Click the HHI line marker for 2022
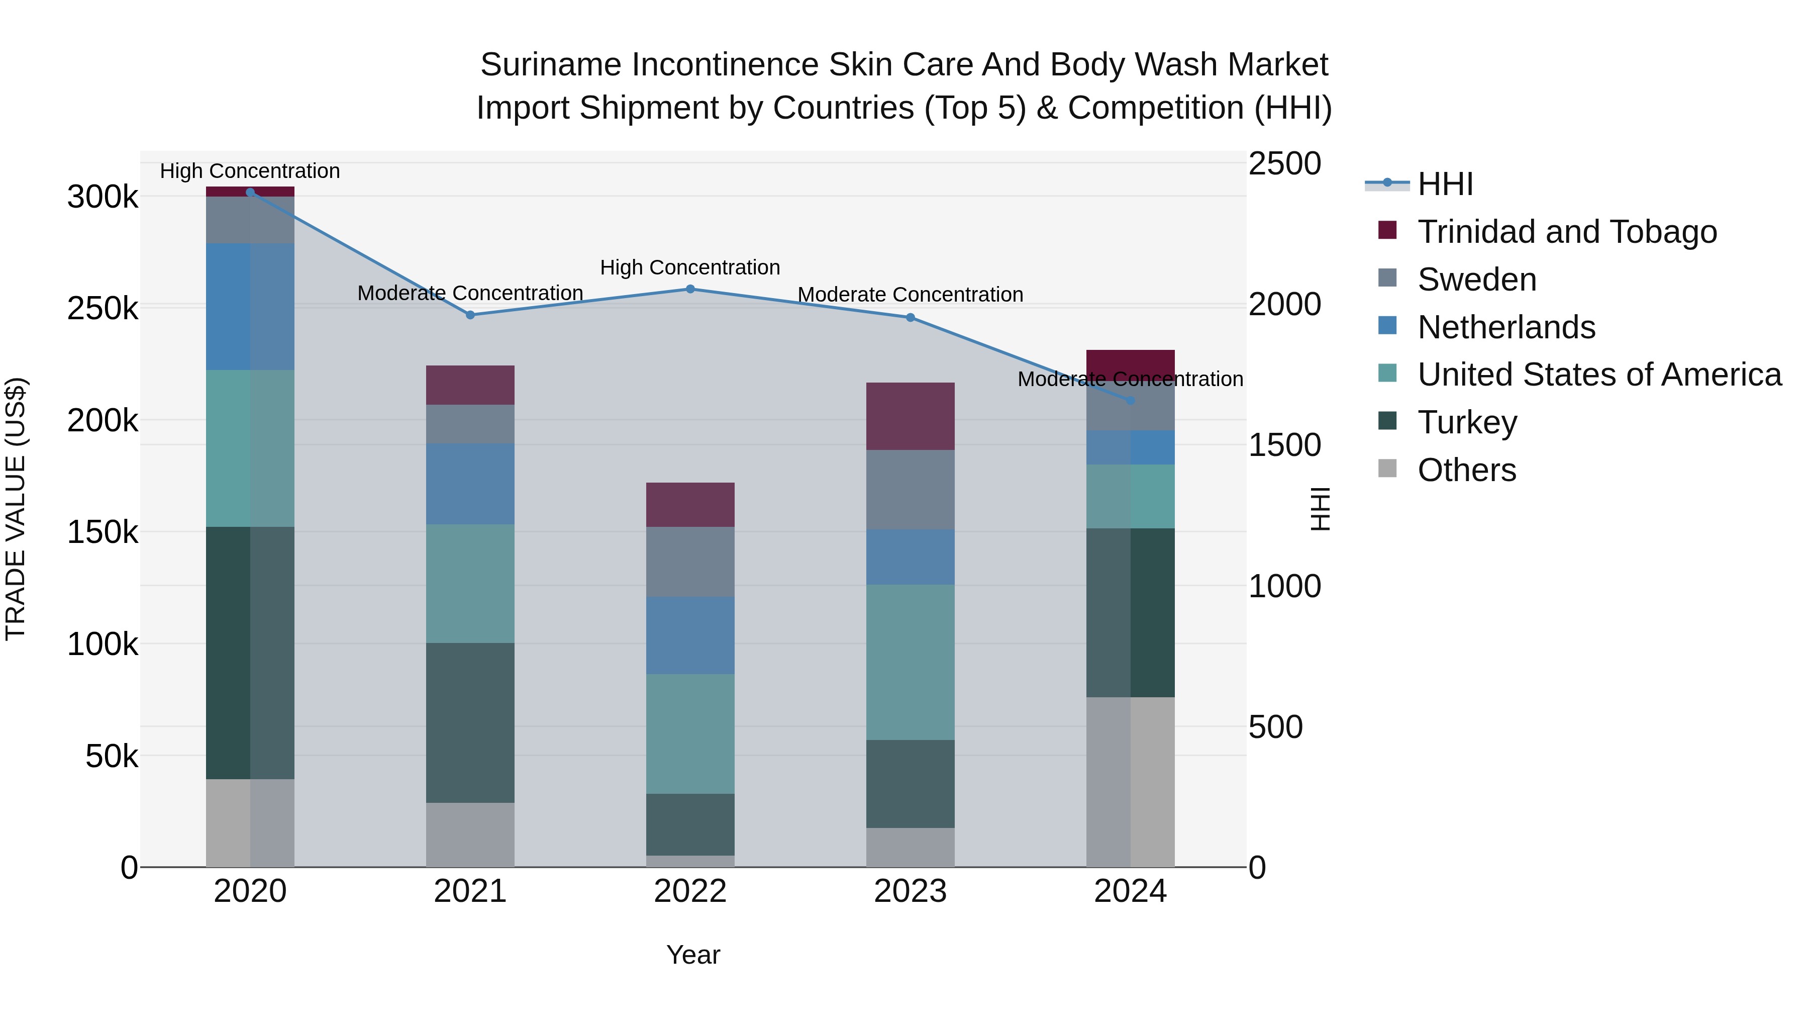pyautogui.click(x=690, y=289)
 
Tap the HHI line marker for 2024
pyautogui.click(x=1131, y=401)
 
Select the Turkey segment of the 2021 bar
pyautogui.click(x=470, y=722)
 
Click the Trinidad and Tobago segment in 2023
pyautogui.click(x=910, y=416)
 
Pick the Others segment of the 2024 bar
pyautogui.click(x=1131, y=781)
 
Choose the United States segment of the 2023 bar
pyautogui.click(x=910, y=662)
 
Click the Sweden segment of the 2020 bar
pyautogui.click(x=250, y=220)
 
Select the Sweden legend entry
pyautogui.click(x=1476, y=280)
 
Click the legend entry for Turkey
pyautogui.click(x=1466, y=422)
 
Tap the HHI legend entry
pyautogui.click(x=1445, y=184)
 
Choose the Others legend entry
pyautogui.click(x=1466, y=470)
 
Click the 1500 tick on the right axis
pyautogui.click(x=1284, y=445)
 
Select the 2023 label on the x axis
pyautogui.click(x=910, y=891)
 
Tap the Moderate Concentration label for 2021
pyautogui.click(x=470, y=293)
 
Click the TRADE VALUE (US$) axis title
pyautogui.click(x=16, y=509)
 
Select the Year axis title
pyautogui.click(x=693, y=955)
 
